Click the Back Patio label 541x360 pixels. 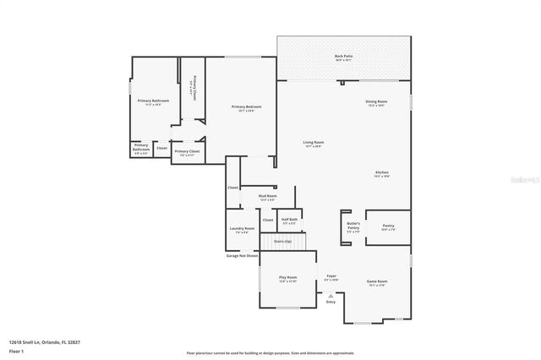pos(343,57)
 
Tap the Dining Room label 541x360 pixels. pos(376,102)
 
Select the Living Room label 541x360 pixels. pos(314,143)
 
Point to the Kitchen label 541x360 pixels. pos(382,174)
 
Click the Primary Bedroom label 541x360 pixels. pos(247,107)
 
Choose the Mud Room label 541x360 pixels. pos(267,196)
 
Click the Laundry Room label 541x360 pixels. pos(239,230)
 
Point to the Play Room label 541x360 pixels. pos(288,278)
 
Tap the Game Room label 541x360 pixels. pos(376,282)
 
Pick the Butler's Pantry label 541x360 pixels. pos(353,226)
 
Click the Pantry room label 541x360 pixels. pos(388,226)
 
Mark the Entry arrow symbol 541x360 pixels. pos(331,295)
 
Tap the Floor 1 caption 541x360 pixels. pos(16,350)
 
